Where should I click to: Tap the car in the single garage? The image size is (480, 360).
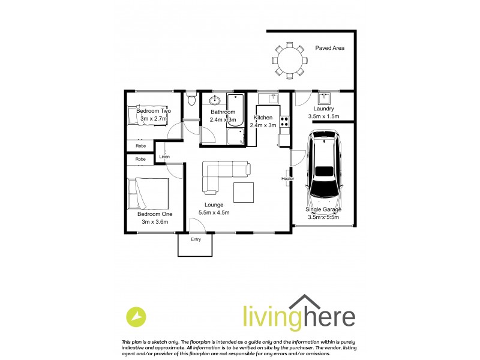pos(325,170)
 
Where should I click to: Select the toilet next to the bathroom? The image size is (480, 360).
pos(191,100)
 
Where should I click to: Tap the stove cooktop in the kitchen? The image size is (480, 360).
pos(284,122)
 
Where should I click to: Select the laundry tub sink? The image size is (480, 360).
pos(325,98)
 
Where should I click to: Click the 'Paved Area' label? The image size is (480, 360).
pos(329,48)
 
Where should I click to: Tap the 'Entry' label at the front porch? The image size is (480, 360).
pos(196,239)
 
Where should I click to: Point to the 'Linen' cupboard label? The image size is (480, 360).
pos(164,157)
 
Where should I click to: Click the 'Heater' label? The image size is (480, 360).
pos(287,178)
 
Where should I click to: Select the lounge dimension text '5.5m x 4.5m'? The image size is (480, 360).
pos(214,212)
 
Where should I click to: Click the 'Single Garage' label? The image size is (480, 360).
pos(323,209)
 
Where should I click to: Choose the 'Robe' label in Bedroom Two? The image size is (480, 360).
pos(140,146)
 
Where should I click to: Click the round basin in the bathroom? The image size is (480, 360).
pos(215,100)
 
